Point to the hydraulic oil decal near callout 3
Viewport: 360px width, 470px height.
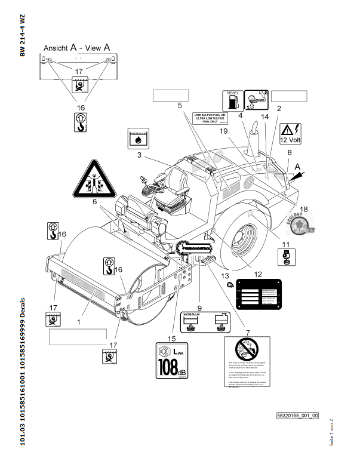coord(138,139)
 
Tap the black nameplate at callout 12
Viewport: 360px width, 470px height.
coord(258,293)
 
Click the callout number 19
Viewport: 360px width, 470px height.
coord(224,131)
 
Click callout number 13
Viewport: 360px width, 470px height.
coord(224,276)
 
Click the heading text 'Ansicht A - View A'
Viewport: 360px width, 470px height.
coord(76,46)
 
